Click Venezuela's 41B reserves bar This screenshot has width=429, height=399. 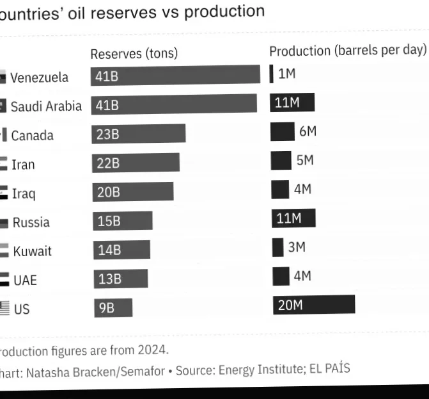coord(175,76)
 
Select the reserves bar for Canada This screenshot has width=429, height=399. coord(138,133)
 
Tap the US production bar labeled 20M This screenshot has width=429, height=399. coord(313,304)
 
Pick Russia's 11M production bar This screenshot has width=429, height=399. coord(293,218)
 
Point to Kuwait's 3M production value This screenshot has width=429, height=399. coord(297,247)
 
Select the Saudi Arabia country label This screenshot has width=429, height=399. coord(46,106)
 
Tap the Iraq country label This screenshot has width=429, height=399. coord(24,193)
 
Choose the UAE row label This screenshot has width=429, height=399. coord(25,280)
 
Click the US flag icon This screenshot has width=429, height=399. coord(4,308)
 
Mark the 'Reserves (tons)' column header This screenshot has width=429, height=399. coord(134,53)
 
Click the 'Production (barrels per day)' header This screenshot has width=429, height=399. coord(347,50)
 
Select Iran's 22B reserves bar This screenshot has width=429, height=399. coord(136,163)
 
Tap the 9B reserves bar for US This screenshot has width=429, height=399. coord(113,308)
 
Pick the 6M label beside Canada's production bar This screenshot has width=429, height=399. coord(308,131)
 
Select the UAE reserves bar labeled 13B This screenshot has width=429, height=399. coord(120,279)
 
